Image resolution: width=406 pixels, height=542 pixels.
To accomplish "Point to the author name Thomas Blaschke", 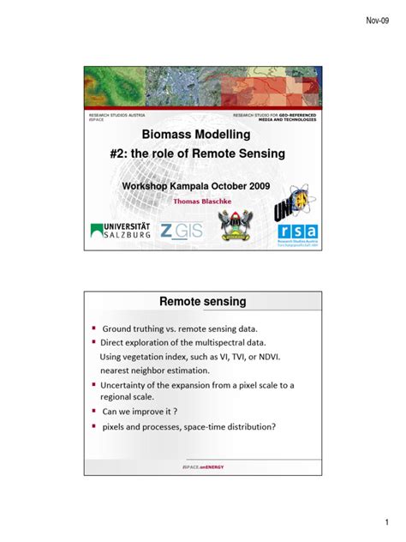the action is coord(202,203).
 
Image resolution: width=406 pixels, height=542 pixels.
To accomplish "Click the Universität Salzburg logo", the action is coord(121,232).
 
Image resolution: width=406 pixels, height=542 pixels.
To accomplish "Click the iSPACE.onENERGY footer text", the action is coord(203,467).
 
